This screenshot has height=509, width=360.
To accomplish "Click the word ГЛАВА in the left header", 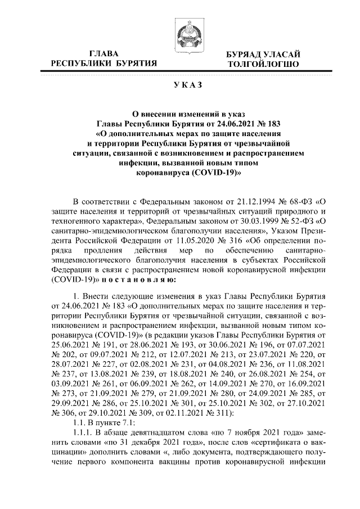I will [x=103, y=53].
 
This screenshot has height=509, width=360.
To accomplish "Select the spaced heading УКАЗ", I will [x=180, y=85].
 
